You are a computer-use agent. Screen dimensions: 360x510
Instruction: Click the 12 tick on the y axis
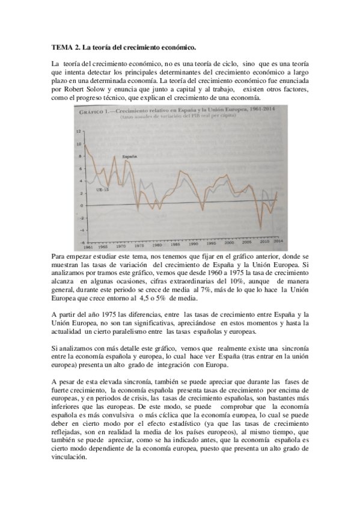78,131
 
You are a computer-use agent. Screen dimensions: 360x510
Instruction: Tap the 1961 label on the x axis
88,247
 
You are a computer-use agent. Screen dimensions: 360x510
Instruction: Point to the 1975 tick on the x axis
139,247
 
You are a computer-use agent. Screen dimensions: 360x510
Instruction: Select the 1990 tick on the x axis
194,246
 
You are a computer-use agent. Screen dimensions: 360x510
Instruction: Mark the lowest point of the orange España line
261,227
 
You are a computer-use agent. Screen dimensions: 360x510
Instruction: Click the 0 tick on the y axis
79,206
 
